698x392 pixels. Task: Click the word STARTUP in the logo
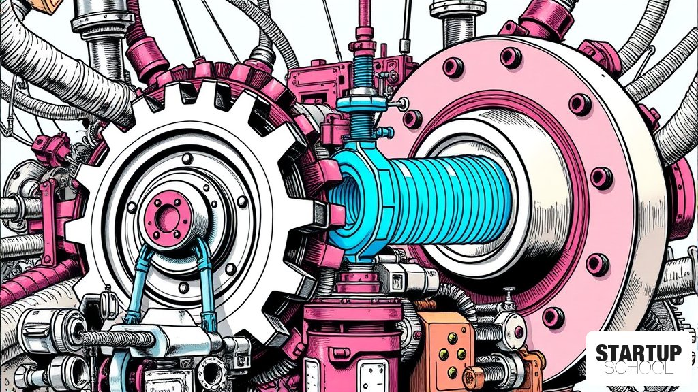[x=638, y=353]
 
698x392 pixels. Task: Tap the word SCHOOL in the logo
[x=638, y=368]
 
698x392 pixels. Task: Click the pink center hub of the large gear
[x=169, y=216]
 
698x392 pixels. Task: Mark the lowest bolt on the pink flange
[x=553, y=317]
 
